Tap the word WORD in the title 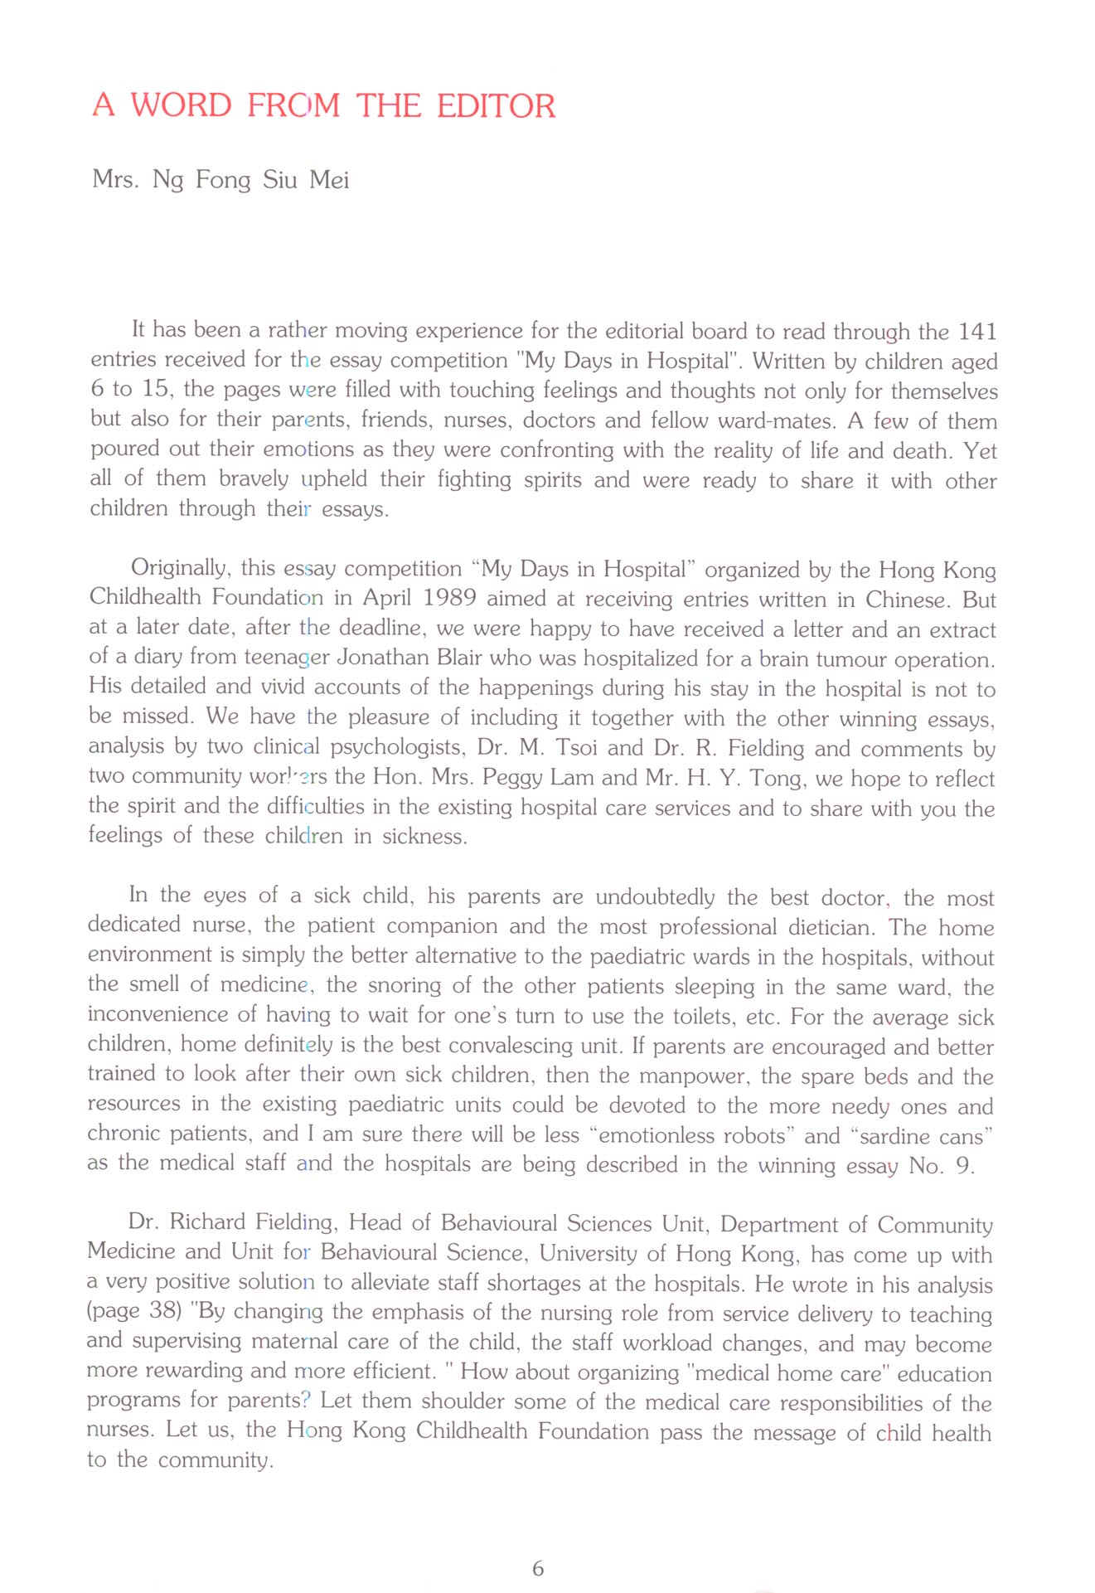[x=181, y=106]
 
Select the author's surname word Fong [x=222, y=180]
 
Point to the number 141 [x=977, y=332]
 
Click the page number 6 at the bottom [x=538, y=1568]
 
